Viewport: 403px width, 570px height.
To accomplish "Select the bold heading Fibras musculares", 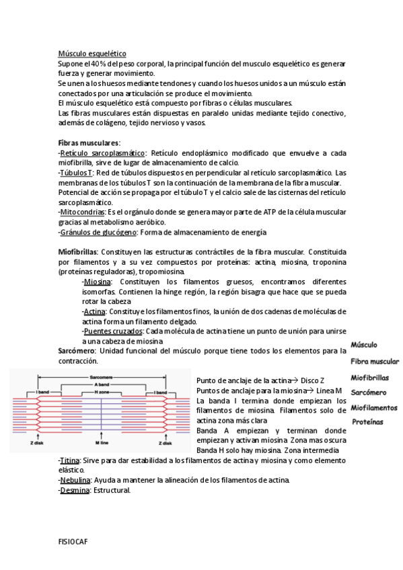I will coord(89,143).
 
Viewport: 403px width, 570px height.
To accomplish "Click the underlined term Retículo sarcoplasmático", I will coord(103,153).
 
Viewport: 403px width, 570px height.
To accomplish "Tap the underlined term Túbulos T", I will coord(76,173).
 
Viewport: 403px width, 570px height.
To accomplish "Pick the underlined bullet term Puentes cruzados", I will coord(112,331).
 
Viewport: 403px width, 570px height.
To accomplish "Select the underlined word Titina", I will coord(70,460).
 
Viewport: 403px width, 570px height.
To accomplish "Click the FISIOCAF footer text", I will coord(73,540).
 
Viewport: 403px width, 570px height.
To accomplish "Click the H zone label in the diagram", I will coord(102,391).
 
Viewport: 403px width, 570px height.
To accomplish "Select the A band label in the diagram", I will coord(102,384).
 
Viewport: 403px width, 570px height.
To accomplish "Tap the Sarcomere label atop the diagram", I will coord(102,377).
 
